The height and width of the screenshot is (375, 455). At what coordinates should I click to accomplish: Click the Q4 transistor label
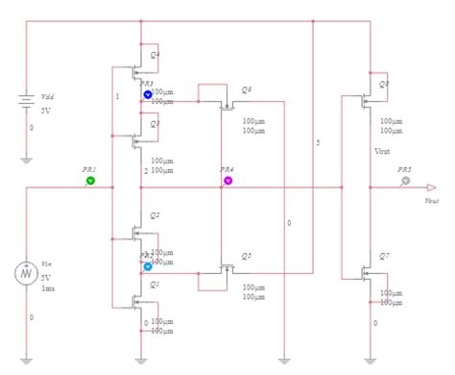(x=156, y=55)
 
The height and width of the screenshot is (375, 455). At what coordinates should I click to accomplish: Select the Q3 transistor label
(x=155, y=124)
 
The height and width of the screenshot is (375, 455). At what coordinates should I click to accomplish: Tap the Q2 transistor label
(x=155, y=215)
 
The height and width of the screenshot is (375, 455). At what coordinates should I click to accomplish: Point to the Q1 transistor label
(x=155, y=285)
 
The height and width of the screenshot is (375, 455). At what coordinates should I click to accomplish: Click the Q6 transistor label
(x=248, y=89)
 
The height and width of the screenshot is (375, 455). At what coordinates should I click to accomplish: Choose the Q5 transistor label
(x=247, y=256)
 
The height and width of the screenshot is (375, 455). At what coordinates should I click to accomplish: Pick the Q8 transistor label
(x=384, y=85)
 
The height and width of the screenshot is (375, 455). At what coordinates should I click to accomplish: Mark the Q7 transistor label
(x=384, y=256)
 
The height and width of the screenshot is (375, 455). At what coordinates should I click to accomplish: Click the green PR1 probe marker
(x=90, y=180)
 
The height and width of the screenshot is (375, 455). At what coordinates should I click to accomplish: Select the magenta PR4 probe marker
(x=228, y=180)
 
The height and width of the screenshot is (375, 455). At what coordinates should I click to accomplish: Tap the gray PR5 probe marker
(x=405, y=180)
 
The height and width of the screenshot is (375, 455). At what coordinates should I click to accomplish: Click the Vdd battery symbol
(x=27, y=101)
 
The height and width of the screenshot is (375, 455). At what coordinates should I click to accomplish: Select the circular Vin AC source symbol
(x=27, y=274)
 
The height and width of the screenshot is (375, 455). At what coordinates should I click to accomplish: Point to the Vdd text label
(x=47, y=97)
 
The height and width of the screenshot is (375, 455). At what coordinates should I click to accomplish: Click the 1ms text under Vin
(x=48, y=288)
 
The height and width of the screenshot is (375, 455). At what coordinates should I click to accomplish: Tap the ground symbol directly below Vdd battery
(x=27, y=159)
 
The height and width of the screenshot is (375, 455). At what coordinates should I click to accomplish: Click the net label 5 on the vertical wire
(x=318, y=143)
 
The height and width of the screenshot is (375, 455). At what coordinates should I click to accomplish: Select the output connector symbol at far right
(x=432, y=187)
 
